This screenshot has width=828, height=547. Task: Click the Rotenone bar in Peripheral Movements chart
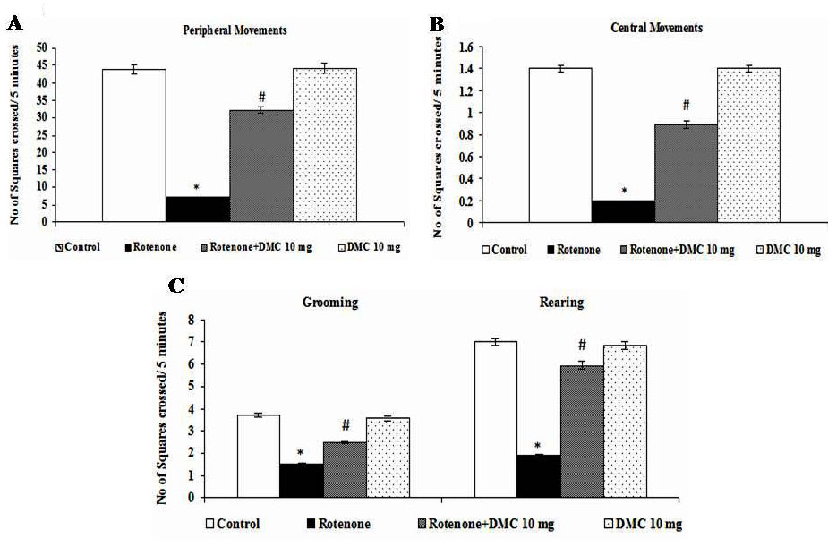coord(197,209)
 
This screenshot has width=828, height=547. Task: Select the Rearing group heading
coord(560,303)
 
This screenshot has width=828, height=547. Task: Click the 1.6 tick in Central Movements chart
coord(464,47)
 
